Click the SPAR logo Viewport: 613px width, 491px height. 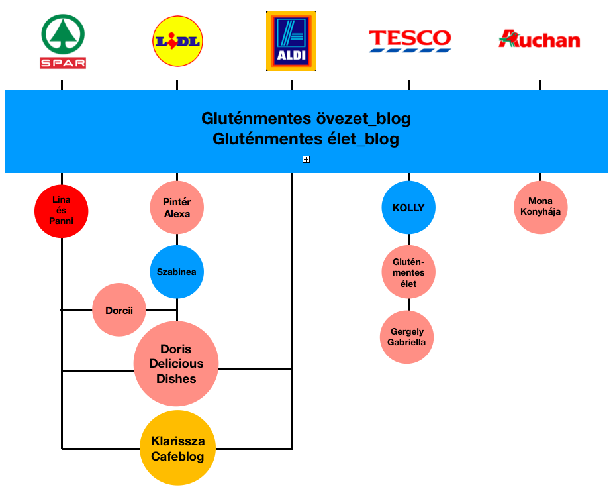(64, 42)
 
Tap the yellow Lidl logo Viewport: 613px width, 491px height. (177, 41)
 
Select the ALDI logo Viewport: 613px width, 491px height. (291, 40)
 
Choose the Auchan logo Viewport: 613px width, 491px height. (540, 40)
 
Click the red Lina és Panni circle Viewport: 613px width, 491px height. (62, 211)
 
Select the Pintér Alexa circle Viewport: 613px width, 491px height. (177, 208)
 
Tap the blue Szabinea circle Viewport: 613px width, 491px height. (177, 272)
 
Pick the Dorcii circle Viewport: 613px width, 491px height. (119, 309)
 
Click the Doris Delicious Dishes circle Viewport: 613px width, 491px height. (176, 364)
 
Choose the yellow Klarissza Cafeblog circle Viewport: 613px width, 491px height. (177, 449)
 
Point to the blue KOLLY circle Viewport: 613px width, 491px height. (408, 207)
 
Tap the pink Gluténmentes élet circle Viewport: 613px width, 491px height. (408, 272)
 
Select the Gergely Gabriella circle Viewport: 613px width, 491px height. (408, 337)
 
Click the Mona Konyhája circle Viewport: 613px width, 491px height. (540, 207)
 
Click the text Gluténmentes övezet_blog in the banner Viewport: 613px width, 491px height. (306, 119)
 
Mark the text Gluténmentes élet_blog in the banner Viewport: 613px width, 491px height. (306, 139)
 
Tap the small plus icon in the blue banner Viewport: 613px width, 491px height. (306, 159)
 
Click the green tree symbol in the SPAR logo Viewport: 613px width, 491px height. (64, 34)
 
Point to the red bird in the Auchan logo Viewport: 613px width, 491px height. (508, 38)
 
